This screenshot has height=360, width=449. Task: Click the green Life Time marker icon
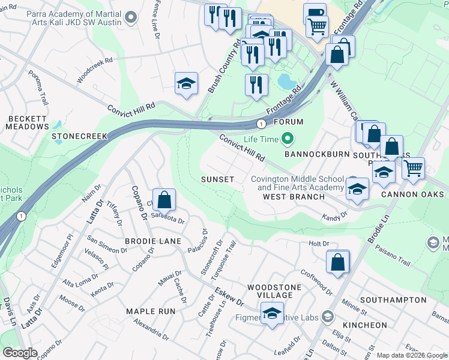coord(288,139)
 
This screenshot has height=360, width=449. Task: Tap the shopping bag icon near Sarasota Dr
coord(164,200)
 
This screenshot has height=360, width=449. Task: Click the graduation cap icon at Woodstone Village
coord(272,313)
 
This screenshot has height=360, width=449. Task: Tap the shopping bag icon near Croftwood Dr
coord(338,262)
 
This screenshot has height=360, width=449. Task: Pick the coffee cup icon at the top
coord(314,13)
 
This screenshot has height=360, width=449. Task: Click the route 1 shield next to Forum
coord(261,124)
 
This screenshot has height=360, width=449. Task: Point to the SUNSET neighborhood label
coord(217,179)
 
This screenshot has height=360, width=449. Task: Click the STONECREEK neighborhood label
coord(79,136)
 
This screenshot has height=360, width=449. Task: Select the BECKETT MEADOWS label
coord(27,122)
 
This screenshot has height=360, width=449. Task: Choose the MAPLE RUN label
coord(151,311)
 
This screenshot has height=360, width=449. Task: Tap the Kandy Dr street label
coord(335,216)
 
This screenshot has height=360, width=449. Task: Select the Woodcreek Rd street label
coord(95,70)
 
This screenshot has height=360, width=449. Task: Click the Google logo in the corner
coord(21,353)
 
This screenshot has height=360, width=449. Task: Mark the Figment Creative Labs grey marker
coord(327,316)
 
